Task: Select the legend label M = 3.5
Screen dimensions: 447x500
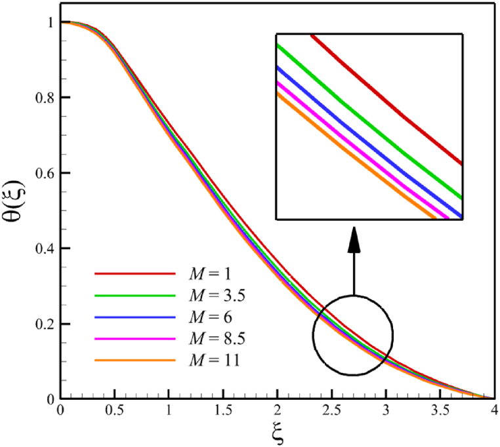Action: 219,295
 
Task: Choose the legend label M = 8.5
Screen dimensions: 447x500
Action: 219,339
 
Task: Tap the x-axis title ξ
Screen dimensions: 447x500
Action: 276,433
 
